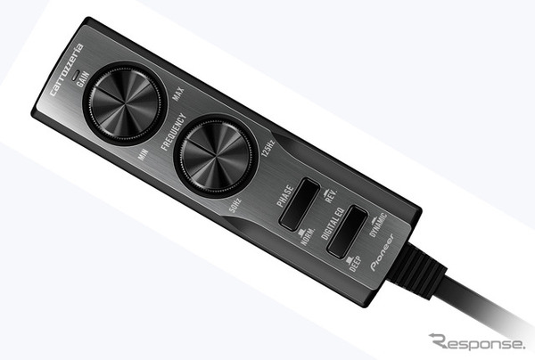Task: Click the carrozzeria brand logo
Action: coord(67,70)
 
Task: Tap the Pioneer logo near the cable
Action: coord(383,252)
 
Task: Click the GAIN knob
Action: coord(125,103)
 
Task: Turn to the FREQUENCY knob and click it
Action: coord(216,158)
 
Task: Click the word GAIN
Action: coord(83,79)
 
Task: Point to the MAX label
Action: coord(178,94)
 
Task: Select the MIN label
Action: coord(143,154)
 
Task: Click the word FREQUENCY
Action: coord(174,132)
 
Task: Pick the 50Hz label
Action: coord(235,205)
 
